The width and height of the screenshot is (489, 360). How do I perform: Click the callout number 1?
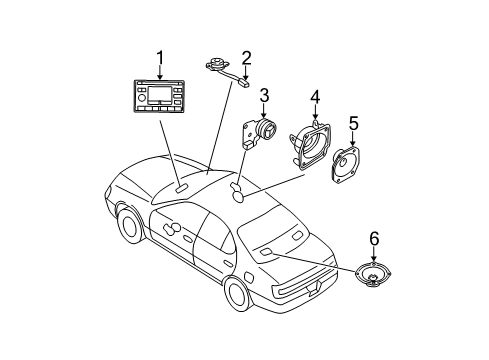156,58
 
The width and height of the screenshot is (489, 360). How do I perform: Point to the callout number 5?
352,124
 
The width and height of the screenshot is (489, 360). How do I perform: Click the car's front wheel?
129,225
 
